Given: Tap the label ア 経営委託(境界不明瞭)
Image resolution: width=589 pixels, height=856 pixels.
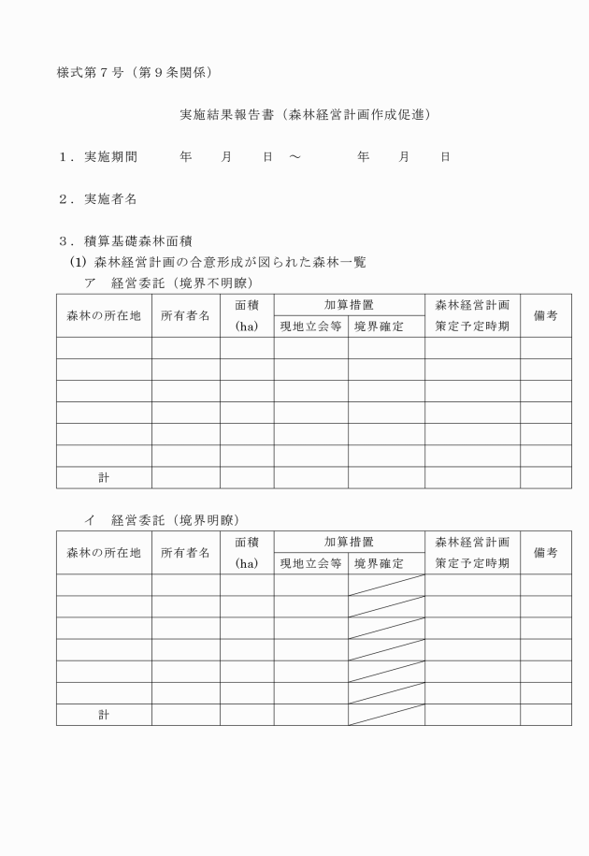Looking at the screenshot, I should pos(168,283).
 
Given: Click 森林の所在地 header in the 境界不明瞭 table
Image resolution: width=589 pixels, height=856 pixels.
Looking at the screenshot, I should pos(104,315).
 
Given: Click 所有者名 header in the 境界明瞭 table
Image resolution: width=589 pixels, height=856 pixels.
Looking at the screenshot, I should pos(185,552).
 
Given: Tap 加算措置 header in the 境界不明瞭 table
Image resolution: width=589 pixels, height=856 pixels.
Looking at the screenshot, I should pos(349,305).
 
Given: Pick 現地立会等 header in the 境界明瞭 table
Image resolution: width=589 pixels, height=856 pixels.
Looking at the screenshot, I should pos(310,563).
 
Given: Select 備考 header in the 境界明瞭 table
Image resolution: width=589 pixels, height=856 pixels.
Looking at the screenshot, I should pos(545,552).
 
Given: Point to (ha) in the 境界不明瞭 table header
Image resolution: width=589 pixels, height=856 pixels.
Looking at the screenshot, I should pos(246,326).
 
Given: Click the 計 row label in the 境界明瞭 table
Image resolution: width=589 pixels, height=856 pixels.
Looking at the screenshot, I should pos(104,715).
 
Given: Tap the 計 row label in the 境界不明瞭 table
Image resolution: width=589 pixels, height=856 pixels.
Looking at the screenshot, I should pos(104,478).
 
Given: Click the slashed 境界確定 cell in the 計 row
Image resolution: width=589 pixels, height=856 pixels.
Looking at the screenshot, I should pos(386,715).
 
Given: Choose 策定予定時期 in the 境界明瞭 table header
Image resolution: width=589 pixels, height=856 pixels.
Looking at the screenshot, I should pos(472,563).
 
